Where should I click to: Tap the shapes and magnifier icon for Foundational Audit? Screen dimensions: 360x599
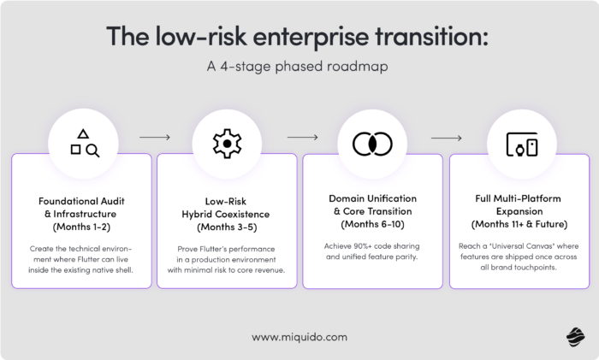pos(84,144)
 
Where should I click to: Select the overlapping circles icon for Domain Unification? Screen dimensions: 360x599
pos(372,144)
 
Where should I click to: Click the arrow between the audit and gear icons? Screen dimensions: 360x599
pos(154,136)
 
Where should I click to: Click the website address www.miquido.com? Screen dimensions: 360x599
pos(299,338)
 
